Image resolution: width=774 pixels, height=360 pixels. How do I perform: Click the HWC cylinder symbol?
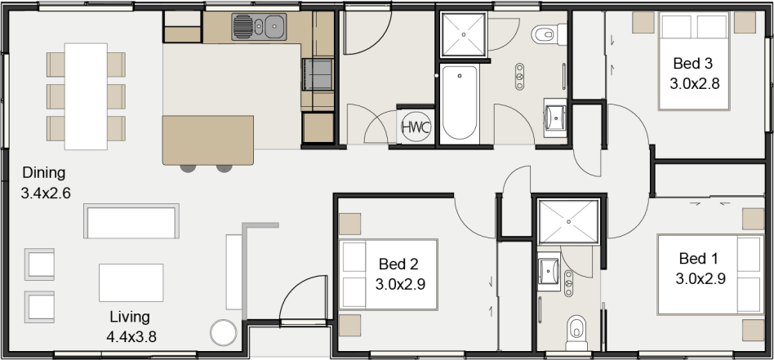pyautogui.click(x=416, y=127)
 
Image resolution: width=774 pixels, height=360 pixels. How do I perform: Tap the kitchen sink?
pyautogui.click(x=259, y=27)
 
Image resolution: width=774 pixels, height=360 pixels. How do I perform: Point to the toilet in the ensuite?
pyautogui.click(x=576, y=332)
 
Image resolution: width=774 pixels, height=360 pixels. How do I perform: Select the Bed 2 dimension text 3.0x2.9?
pyautogui.click(x=400, y=284)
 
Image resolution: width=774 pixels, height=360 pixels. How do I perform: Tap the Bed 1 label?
pyautogui.click(x=699, y=258)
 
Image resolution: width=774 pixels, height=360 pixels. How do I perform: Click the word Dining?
pyautogui.click(x=44, y=173)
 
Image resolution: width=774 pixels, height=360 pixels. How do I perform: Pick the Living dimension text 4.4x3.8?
pyautogui.click(x=131, y=337)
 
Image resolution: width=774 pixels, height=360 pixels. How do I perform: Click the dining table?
pyautogui.click(x=86, y=96)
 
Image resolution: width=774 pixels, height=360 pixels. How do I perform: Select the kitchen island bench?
pyautogui.click(x=208, y=140)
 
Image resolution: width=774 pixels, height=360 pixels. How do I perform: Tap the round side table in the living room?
pyautogui.click(x=224, y=333)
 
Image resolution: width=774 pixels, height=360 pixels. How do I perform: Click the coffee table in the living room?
pyautogui.click(x=131, y=282)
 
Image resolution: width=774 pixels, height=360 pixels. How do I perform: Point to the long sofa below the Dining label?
pyautogui.click(x=131, y=220)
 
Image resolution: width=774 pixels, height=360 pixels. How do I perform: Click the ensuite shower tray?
pyautogui.click(x=567, y=222)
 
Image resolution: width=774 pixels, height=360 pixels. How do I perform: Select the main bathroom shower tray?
pyautogui.click(x=464, y=34)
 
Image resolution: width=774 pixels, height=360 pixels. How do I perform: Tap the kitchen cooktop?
pyautogui.click(x=318, y=74)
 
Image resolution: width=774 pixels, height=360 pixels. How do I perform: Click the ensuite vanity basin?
pyautogui.click(x=549, y=271)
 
